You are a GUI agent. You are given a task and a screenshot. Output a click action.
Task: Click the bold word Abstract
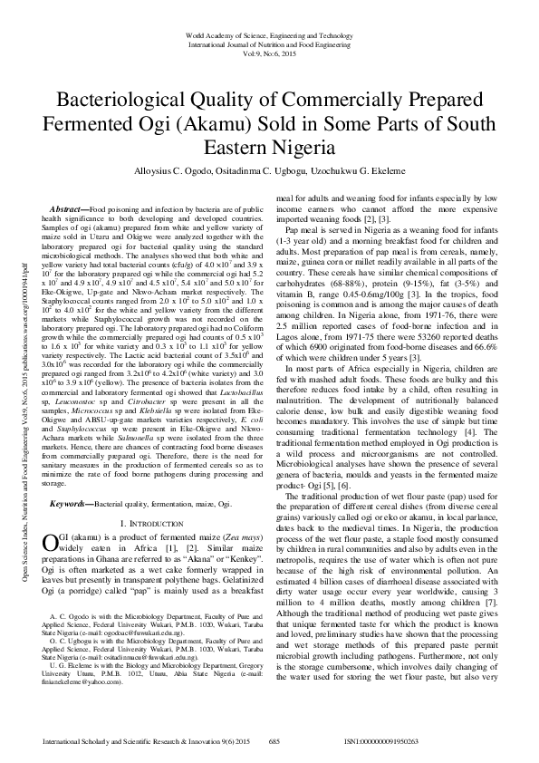pyautogui.click(x=71, y=208)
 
